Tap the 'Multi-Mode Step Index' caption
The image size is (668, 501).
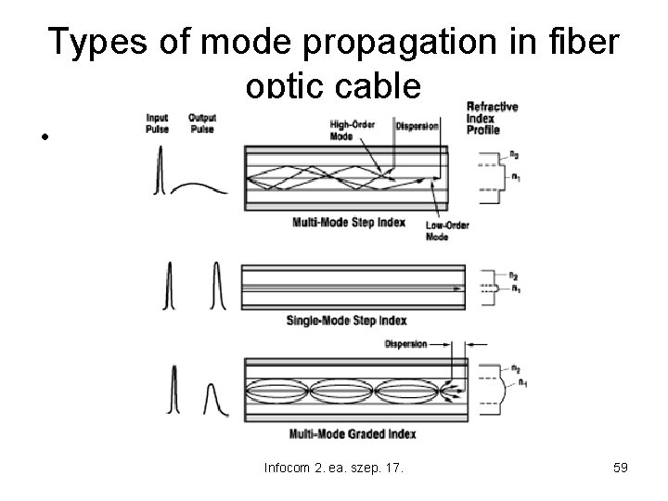[x=348, y=222]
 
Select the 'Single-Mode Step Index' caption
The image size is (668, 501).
[x=348, y=321]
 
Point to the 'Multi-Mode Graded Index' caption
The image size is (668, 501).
[x=353, y=433]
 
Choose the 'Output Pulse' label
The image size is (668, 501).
[x=200, y=122]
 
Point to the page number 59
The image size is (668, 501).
[x=621, y=468]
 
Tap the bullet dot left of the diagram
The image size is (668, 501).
[x=44, y=138]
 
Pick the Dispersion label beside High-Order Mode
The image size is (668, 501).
[x=417, y=125]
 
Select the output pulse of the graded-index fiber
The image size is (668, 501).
[x=212, y=399]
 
